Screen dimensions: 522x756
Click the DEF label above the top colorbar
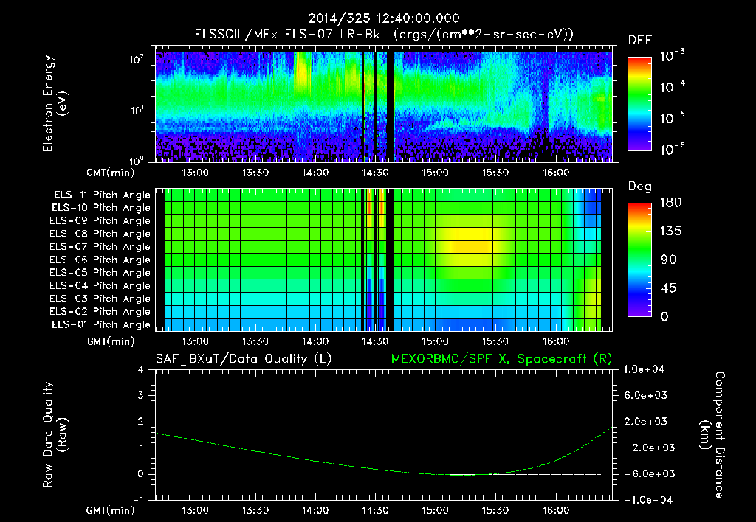coord(639,40)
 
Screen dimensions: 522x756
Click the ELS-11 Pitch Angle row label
coord(100,195)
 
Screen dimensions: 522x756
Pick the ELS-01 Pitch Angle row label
coord(100,324)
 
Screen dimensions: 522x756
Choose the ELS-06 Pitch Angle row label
coord(100,260)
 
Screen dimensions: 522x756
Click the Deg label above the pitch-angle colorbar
coord(639,187)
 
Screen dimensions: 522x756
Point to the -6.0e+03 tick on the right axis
coord(646,473)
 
